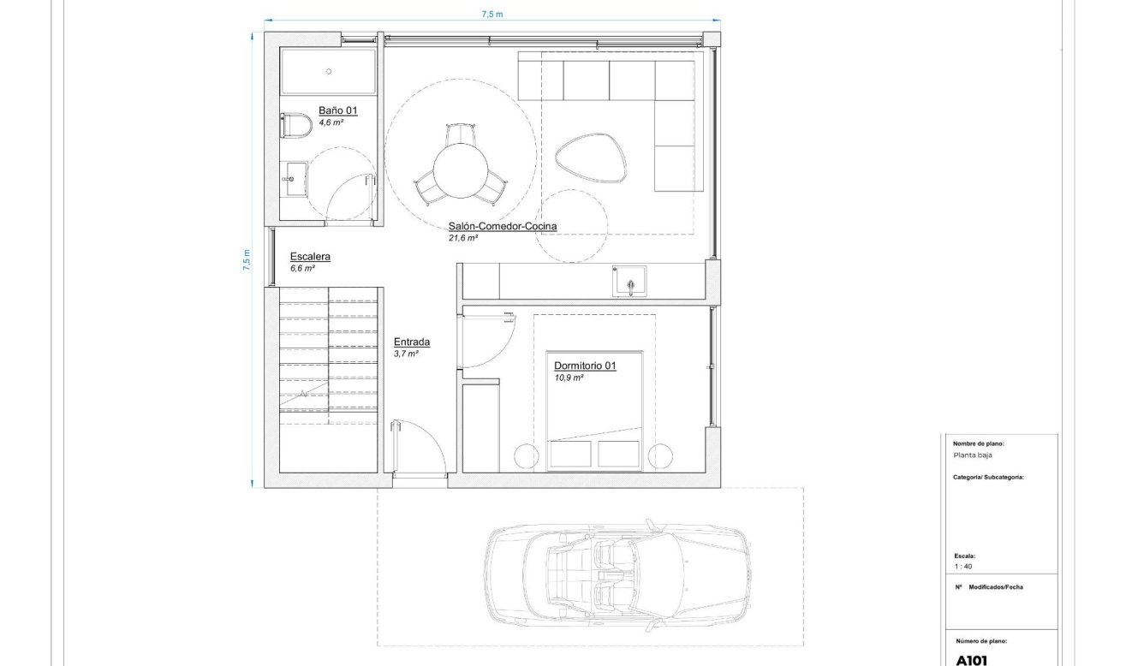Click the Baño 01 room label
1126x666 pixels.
337,110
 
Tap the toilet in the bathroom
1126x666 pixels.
295,126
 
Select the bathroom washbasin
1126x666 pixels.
295,179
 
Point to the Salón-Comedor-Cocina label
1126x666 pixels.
503,227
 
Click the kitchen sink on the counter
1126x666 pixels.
629,281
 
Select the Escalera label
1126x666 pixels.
310,256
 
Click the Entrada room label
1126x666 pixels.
411,342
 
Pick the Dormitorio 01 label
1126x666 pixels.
585,366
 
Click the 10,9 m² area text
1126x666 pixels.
569,378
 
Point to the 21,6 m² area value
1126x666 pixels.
462,239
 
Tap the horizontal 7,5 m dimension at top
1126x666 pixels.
492,14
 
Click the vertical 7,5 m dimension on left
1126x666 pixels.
247,259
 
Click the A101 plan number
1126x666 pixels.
972,660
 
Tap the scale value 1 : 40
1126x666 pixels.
962,566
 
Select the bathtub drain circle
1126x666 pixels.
328,72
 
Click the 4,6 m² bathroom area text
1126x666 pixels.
331,123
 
